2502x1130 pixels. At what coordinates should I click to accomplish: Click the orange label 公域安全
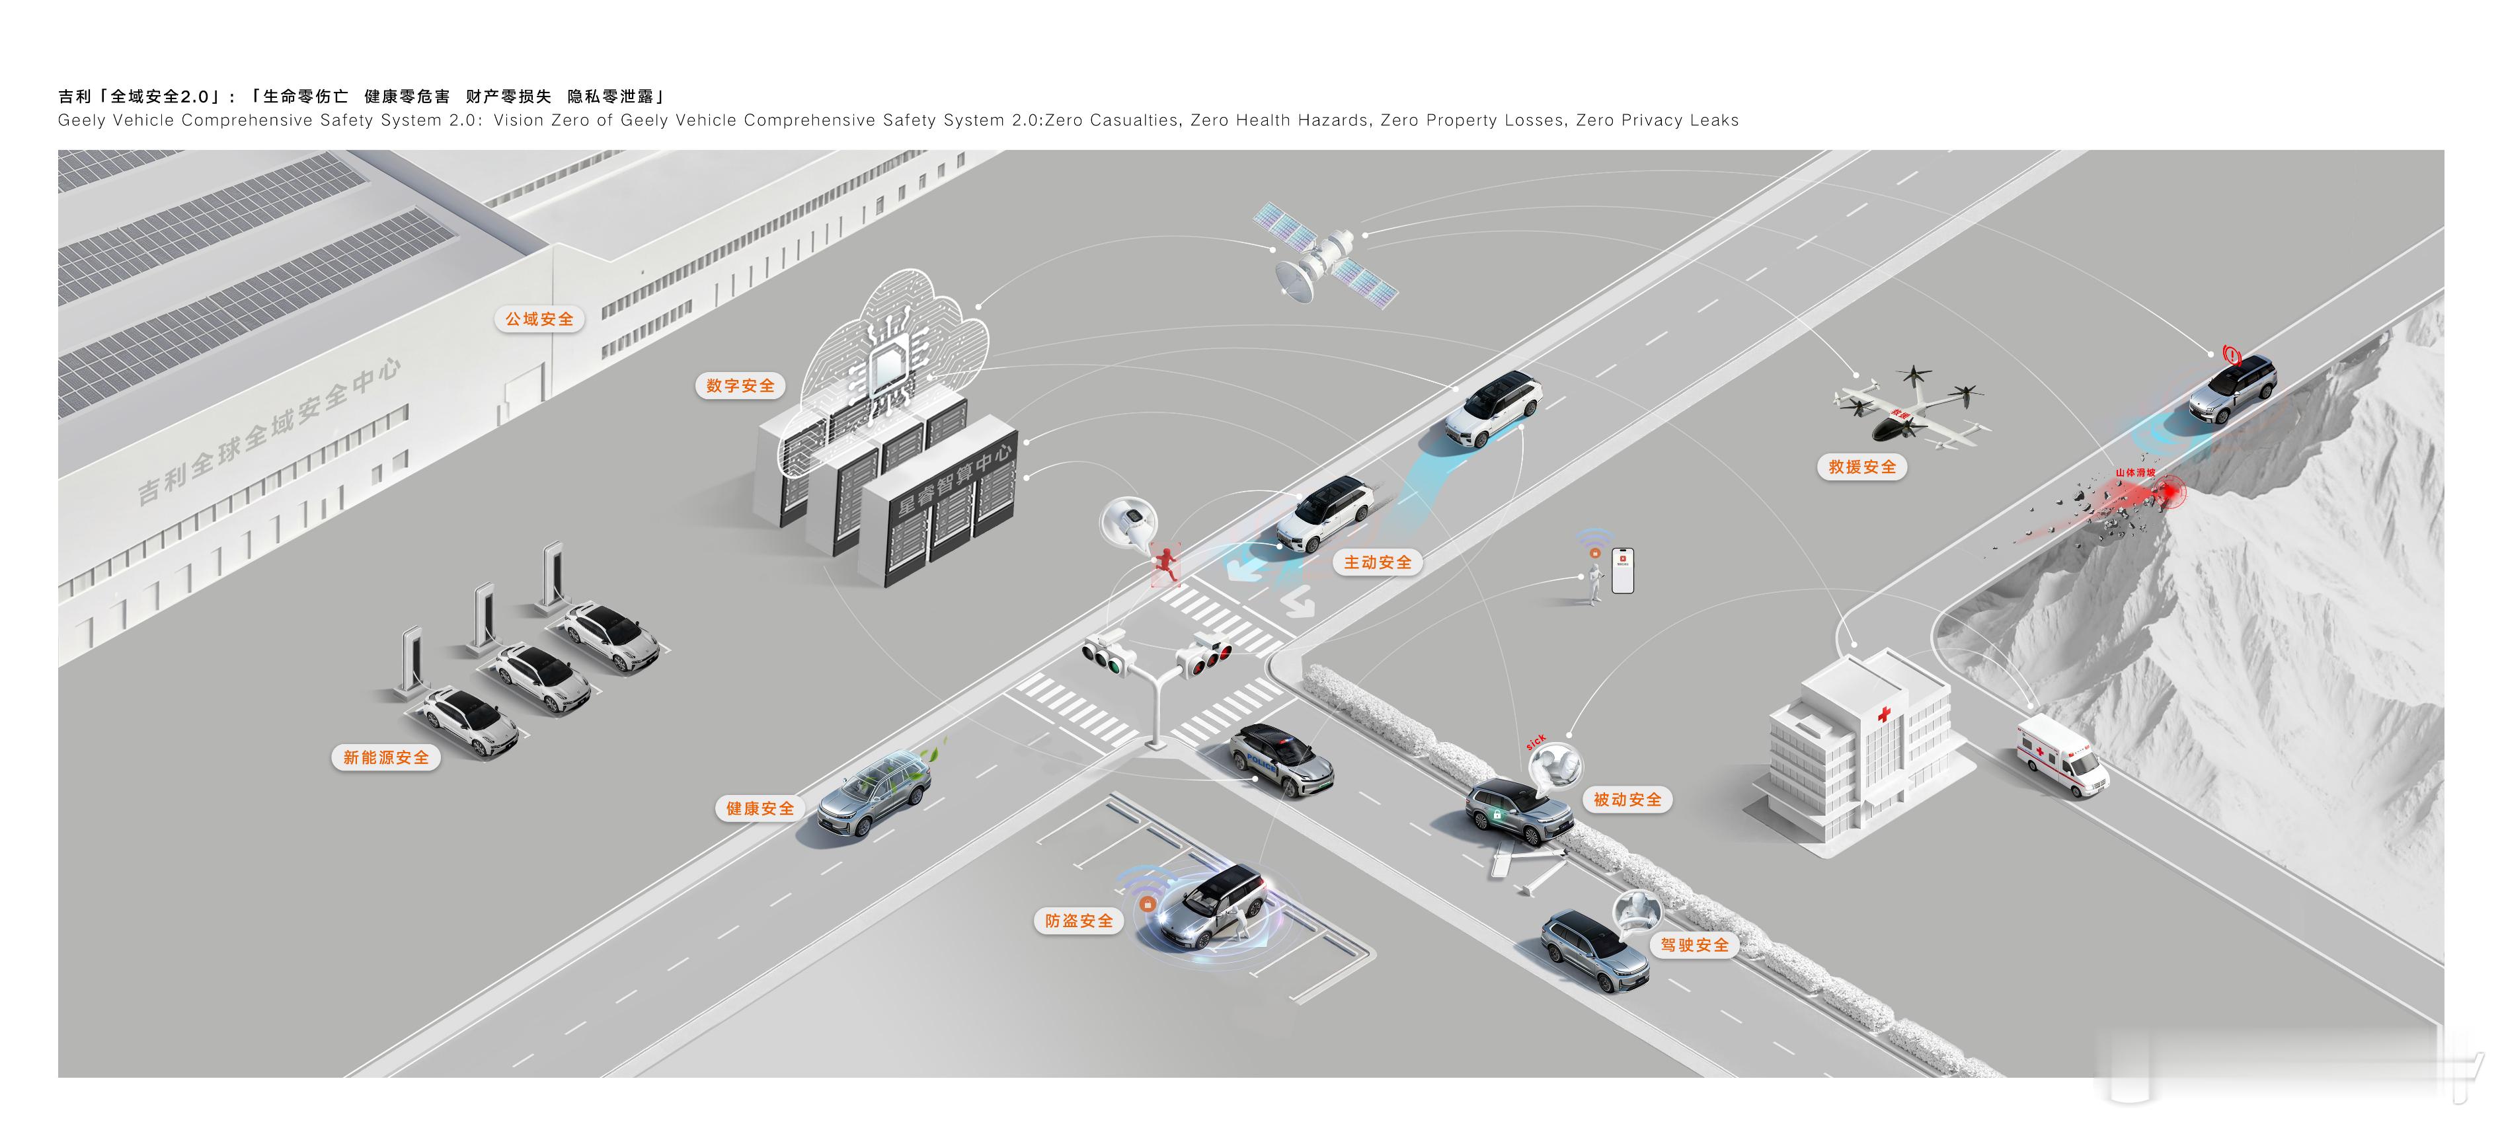click(539, 319)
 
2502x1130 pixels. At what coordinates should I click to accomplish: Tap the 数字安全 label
click(740, 385)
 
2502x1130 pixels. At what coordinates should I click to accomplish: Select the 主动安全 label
click(1378, 562)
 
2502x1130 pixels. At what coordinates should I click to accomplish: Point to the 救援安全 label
click(1861, 467)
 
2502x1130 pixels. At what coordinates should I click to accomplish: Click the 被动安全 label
click(1627, 800)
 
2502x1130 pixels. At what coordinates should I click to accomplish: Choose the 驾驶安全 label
click(1694, 944)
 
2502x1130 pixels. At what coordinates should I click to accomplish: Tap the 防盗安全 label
click(1078, 921)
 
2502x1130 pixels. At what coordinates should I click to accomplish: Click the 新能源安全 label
click(385, 757)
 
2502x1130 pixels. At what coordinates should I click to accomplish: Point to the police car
click(1279, 759)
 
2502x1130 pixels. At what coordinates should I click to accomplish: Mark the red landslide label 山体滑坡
click(2135, 472)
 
